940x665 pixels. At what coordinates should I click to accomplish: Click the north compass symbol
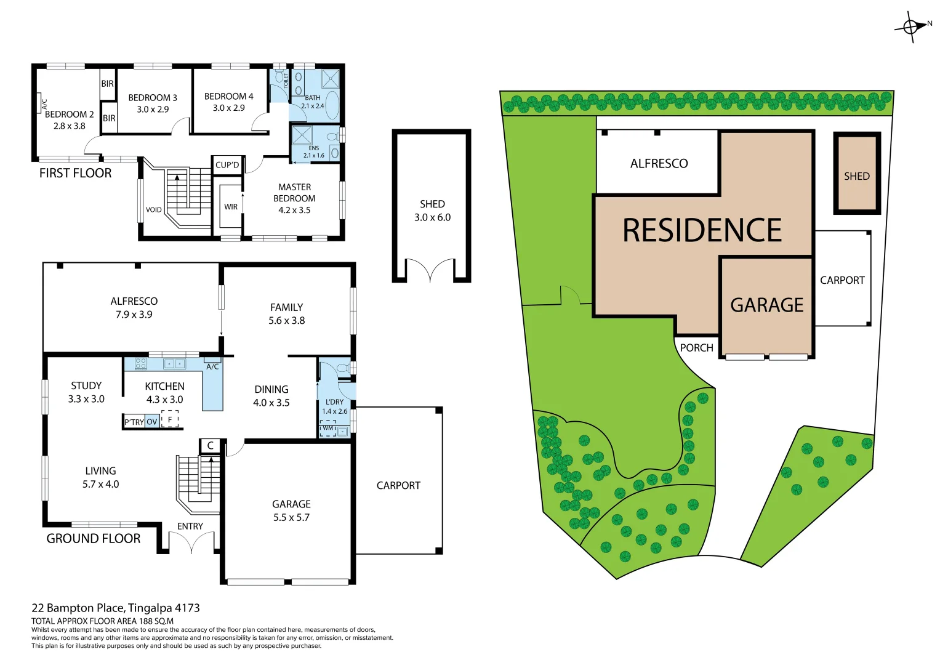[912, 26]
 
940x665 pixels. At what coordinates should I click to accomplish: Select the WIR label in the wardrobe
[231, 207]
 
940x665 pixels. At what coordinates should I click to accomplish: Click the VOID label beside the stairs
[154, 210]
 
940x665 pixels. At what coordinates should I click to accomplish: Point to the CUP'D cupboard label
[227, 165]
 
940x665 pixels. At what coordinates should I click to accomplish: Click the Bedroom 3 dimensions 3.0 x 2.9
[153, 110]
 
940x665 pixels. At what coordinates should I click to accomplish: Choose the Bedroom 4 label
[228, 97]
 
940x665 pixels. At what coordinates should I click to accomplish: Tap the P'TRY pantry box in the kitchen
[134, 422]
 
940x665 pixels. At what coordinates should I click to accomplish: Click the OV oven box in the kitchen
[152, 422]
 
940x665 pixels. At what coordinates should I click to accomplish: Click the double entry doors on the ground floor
[191, 542]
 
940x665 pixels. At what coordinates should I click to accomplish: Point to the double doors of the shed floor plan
[432, 270]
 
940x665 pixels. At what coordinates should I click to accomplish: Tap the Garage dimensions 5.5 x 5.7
[291, 518]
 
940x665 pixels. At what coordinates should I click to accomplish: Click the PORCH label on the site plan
[696, 348]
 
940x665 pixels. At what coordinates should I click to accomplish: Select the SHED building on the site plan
[856, 174]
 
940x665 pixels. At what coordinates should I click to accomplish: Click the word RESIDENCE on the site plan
[702, 231]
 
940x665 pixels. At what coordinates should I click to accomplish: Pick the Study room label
[86, 386]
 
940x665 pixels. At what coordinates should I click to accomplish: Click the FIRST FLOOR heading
[75, 173]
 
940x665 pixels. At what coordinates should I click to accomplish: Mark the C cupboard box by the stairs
[210, 445]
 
